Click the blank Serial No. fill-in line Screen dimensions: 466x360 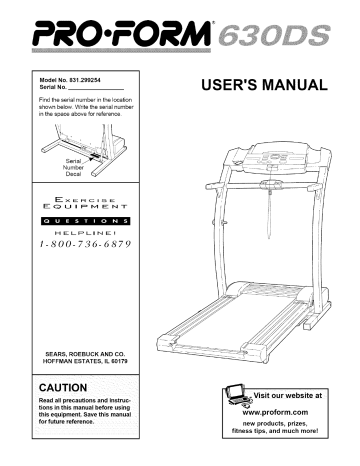point(116,85)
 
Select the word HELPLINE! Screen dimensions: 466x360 point(93,236)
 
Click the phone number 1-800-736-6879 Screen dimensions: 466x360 point(92,250)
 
